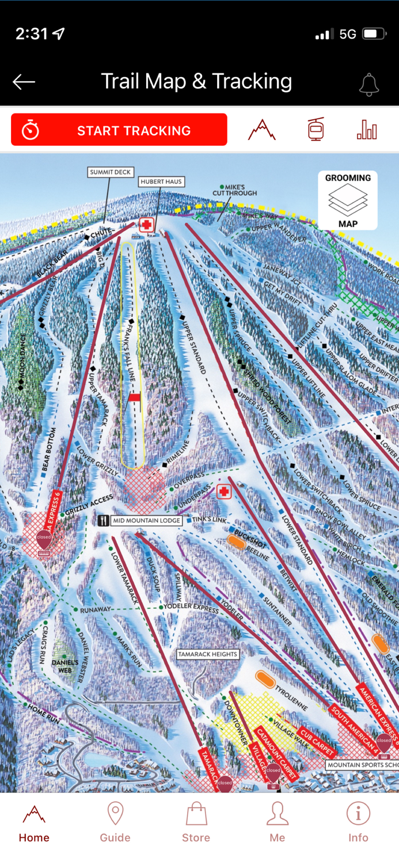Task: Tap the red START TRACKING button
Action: [x=119, y=130]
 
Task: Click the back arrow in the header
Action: [x=24, y=82]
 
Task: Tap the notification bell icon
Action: [x=369, y=84]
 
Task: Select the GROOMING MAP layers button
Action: [x=348, y=200]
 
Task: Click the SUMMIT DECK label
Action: [x=111, y=172]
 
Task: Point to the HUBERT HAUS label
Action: [x=161, y=181]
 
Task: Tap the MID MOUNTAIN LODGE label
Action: [x=146, y=521]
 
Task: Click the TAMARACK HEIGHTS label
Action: [x=208, y=654]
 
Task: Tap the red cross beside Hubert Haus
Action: [x=147, y=225]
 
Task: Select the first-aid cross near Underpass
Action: [x=223, y=491]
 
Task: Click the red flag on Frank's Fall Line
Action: [x=135, y=397]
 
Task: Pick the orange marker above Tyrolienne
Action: [x=265, y=679]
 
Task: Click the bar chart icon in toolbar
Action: [x=367, y=130]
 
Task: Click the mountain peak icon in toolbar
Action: [x=262, y=130]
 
